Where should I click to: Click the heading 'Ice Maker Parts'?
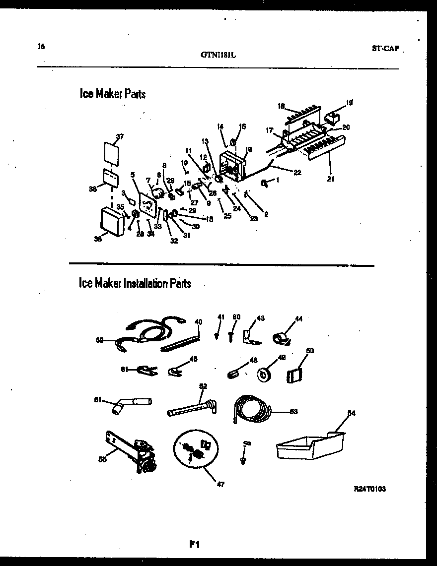(113, 94)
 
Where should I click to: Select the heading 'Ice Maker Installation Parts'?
(135, 283)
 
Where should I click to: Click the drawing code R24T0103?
(369, 488)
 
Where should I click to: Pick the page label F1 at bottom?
(194, 545)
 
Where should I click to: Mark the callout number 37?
(119, 136)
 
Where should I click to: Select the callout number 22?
(297, 172)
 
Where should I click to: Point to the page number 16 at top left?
(41, 47)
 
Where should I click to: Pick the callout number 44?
(298, 319)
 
